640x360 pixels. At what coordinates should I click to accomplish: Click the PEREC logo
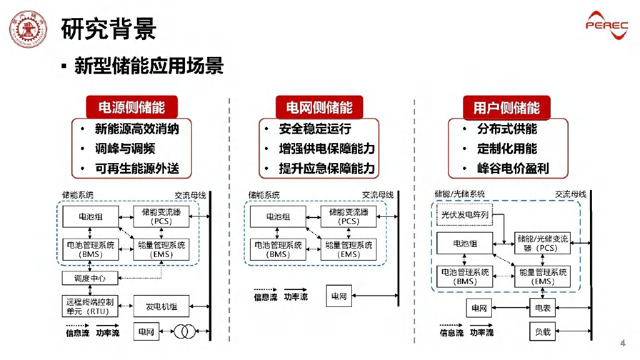tap(607, 25)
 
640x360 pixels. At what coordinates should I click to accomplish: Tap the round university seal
tap(28, 29)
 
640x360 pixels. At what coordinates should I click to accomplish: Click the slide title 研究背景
tap(109, 29)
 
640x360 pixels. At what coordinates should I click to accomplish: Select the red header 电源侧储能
tap(132, 107)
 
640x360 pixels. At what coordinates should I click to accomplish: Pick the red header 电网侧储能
tap(319, 107)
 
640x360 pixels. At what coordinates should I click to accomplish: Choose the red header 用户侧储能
tap(506, 107)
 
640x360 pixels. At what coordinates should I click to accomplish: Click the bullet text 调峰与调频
tap(125, 149)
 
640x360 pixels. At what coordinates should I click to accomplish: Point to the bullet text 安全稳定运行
tap(315, 129)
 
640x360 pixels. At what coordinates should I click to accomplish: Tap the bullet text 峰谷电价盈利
tap(513, 168)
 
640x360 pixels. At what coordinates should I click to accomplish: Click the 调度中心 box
tap(90, 278)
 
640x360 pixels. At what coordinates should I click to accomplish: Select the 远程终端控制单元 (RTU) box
tap(90, 306)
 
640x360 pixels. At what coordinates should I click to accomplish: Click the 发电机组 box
tap(161, 306)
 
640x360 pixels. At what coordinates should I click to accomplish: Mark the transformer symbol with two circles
tap(184, 331)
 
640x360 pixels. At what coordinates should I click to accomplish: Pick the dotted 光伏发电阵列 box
tap(465, 215)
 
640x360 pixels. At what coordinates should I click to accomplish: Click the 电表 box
tap(543, 308)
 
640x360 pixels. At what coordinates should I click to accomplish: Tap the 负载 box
tap(543, 332)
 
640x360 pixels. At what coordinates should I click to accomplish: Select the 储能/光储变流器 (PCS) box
tap(542, 243)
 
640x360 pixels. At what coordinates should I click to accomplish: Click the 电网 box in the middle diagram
tap(339, 296)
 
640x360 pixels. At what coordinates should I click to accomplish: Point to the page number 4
tap(623, 343)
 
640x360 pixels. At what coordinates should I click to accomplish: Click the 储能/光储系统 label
tap(459, 194)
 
